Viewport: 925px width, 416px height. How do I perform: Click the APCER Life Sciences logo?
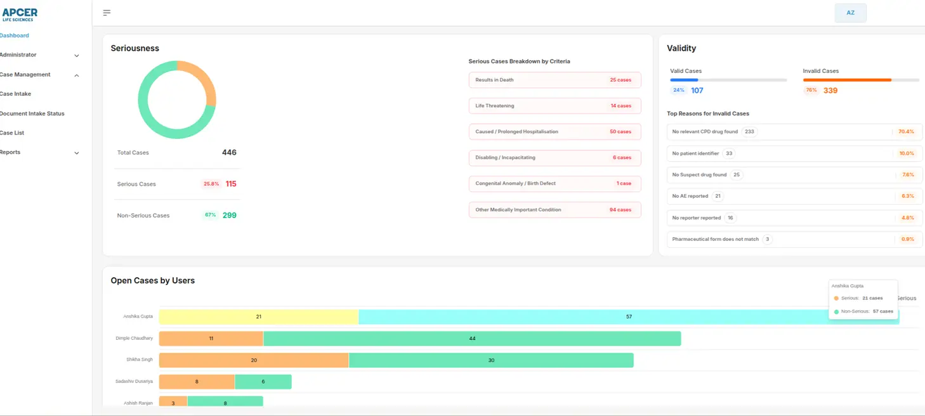click(x=20, y=15)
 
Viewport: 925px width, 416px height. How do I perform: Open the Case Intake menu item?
click(x=16, y=94)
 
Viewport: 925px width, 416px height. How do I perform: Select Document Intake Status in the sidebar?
click(x=32, y=114)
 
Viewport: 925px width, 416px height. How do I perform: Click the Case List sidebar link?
click(x=13, y=133)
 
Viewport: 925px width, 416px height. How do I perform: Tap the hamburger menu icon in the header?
click(x=107, y=13)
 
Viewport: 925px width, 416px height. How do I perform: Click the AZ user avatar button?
click(x=850, y=13)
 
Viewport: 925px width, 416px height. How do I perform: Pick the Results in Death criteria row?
click(x=554, y=80)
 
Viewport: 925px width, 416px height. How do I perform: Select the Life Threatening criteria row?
click(x=554, y=106)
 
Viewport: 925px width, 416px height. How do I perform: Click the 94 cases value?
click(x=620, y=210)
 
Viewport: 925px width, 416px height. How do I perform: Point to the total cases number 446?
click(x=229, y=152)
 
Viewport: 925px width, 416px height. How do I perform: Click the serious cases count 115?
click(x=231, y=184)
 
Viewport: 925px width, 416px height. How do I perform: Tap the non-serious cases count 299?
click(x=230, y=216)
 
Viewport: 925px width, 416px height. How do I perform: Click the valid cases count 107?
click(x=697, y=91)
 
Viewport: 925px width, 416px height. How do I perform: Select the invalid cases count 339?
click(x=830, y=91)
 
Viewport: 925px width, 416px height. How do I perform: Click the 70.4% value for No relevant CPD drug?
click(x=906, y=132)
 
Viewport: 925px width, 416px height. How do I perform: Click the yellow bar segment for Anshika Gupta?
click(x=258, y=316)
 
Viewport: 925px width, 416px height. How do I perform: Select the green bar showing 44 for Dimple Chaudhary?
click(x=472, y=339)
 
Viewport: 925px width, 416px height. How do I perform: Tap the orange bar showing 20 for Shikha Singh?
click(x=254, y=360)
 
